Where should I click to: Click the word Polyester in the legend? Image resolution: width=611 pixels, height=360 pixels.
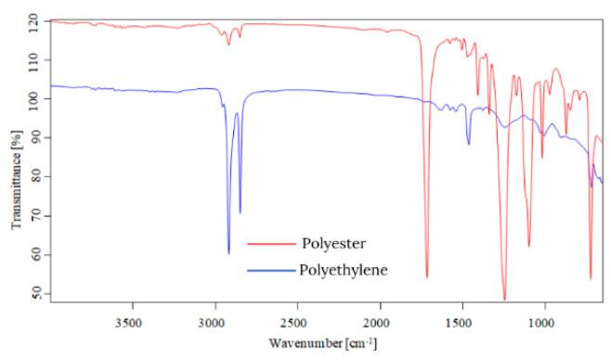[x=333, y=244]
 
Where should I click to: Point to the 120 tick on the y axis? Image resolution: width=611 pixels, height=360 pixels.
[x=34, y=19]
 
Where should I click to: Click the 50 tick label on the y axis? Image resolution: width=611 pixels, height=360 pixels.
[x=34, y=293]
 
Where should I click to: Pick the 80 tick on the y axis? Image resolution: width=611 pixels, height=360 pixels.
[x=34, y=175]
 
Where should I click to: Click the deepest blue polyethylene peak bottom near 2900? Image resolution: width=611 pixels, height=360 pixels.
[x=228, y=252]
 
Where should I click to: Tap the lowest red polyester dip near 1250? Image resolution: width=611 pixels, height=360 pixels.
[x=504, y=300]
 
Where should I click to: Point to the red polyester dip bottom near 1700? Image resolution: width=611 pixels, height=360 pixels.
[x=427, y=276]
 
